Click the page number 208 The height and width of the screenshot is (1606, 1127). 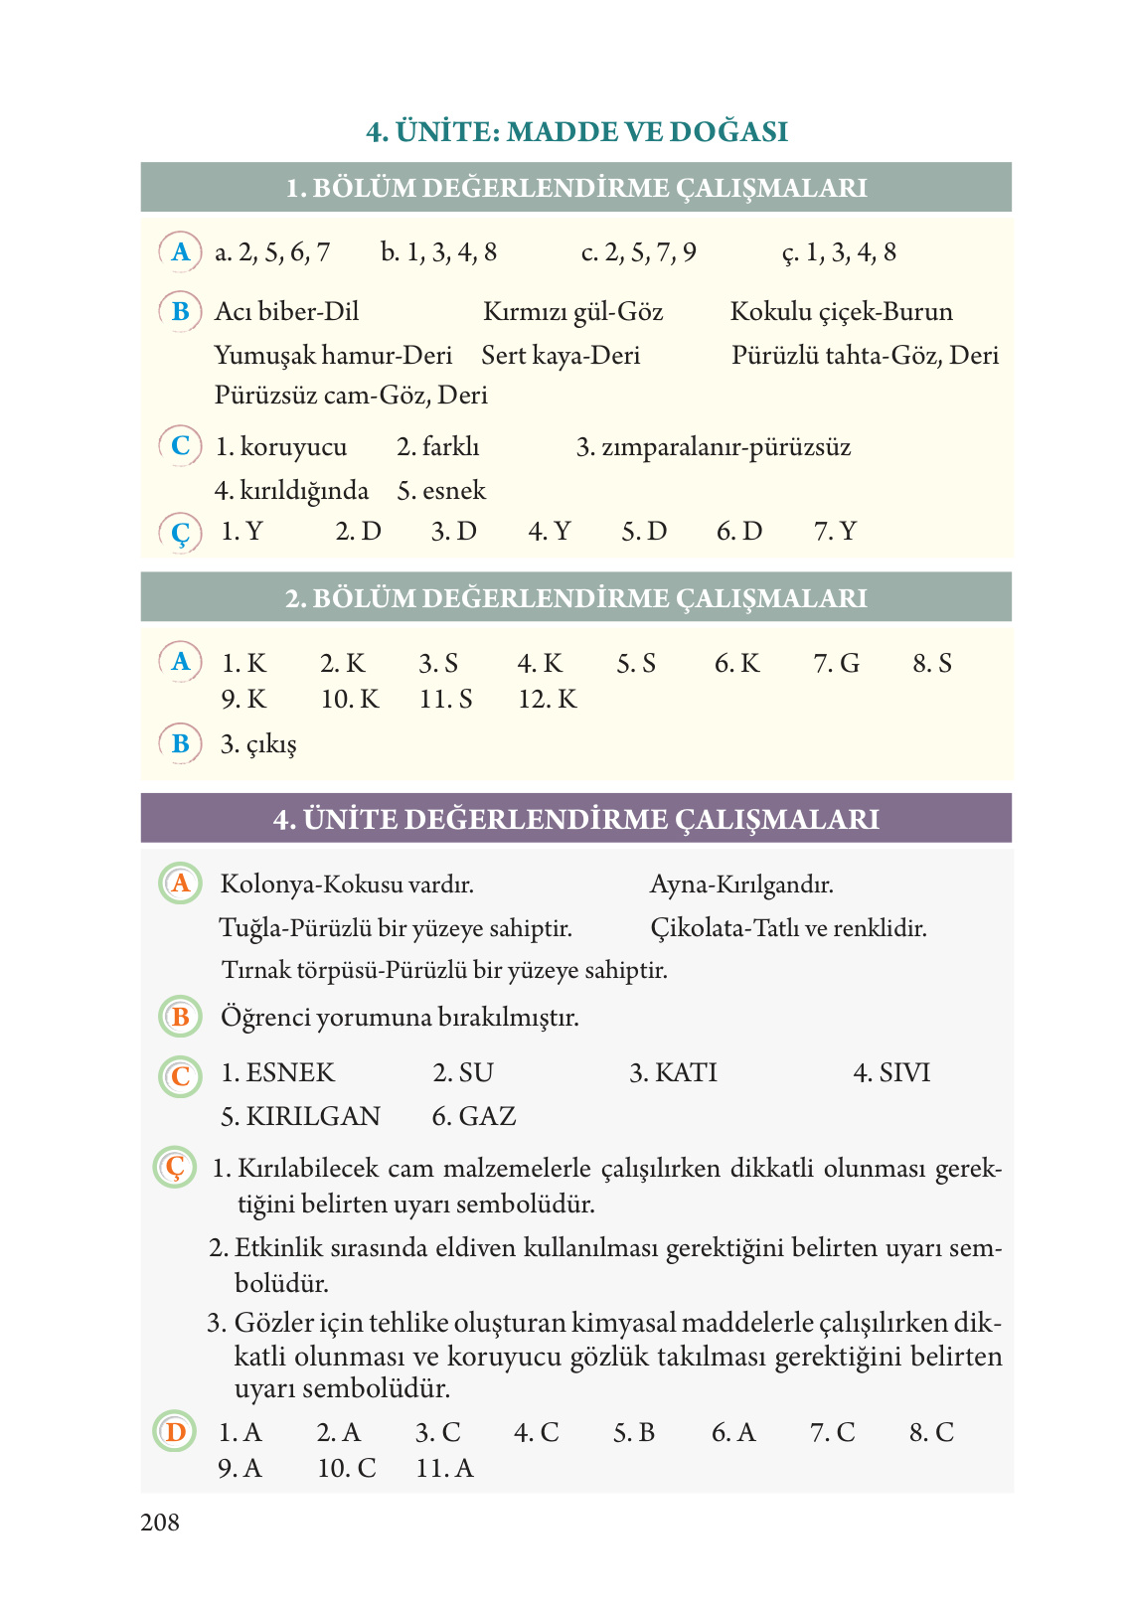point(160,1523)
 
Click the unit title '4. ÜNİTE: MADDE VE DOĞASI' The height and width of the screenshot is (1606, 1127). point(576,132)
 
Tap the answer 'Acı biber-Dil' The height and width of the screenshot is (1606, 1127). point(286,312)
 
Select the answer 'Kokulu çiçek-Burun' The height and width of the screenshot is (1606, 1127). point(841,312)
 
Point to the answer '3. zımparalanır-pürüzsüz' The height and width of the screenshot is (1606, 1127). point(714,447)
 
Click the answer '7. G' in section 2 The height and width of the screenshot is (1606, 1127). point(837,663)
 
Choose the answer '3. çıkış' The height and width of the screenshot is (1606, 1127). point(258,744)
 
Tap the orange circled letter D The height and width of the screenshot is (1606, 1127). point(176,1432)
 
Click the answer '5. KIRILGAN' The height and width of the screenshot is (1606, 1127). point(300,1116)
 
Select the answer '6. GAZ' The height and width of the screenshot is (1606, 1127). point(474,1116)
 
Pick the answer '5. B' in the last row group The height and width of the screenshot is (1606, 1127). point(634,1432)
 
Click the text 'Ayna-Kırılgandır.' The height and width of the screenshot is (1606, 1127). point(741,884)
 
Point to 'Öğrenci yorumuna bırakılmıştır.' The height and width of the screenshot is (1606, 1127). point(400,1018)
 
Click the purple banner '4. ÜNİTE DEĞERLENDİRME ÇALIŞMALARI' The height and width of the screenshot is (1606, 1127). point(576,819)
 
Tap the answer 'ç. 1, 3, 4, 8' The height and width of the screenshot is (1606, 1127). point(839,252)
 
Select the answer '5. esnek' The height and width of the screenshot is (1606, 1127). point(441,491)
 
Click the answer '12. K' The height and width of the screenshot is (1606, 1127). point(548,700)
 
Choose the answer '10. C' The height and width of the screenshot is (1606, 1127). point(347,1468)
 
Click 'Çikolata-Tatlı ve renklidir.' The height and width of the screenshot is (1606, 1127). point(788,928)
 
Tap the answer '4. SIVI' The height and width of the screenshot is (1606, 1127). point(891,1073)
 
